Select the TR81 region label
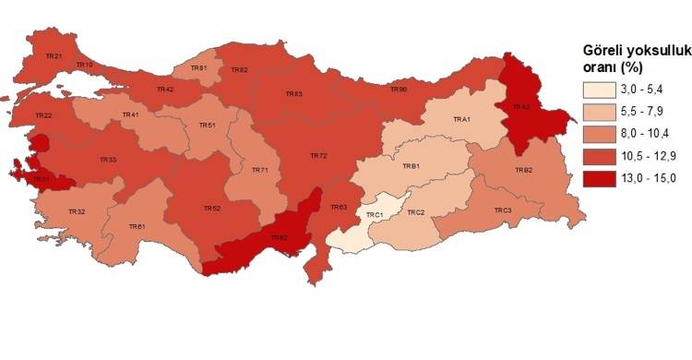198,68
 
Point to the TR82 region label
239,70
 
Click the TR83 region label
293,94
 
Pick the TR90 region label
399,90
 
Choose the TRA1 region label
461,120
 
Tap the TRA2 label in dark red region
521,107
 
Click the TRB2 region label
523,171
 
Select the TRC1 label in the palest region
375,215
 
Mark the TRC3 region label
502,210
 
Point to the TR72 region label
317,156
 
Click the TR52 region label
211,209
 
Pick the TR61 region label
137,226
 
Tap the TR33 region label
108,161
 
